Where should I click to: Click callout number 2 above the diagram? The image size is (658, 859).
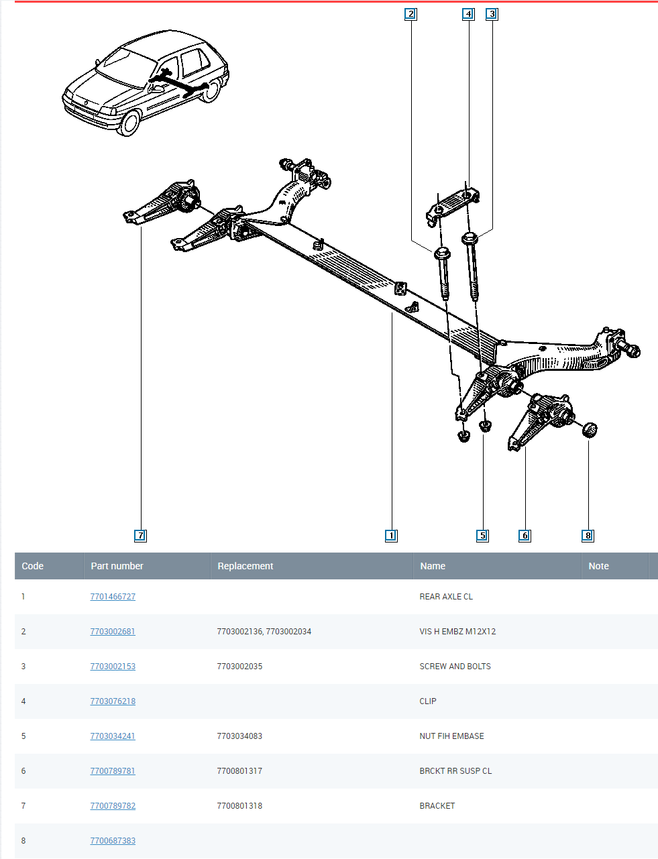(410, 13)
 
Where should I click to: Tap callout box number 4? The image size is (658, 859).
(468, 13)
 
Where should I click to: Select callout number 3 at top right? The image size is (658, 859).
(492, 13)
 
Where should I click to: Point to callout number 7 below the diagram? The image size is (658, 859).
(140, 535)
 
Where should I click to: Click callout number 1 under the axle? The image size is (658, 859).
(392, 535)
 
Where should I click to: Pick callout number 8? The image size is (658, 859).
(588, 535)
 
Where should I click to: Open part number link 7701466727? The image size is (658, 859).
(113, 596)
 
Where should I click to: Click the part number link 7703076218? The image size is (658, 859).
(113, 701)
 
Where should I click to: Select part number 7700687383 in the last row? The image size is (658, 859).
(113, 840)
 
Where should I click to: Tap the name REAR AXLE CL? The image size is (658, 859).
(446, 596)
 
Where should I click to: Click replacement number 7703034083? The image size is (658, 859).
(239, 736)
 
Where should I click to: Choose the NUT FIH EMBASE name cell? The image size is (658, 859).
(451, 736)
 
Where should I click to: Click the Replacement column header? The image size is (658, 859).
(245, 566)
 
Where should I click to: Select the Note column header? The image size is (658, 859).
(598, 566)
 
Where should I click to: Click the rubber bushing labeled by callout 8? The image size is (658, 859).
(590, 429)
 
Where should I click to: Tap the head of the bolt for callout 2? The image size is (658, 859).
(442, 253)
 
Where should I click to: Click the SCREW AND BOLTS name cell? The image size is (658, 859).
(455, 666)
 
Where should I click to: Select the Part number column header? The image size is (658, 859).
(117, 566)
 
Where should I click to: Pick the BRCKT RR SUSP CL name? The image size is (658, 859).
(455, 770)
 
